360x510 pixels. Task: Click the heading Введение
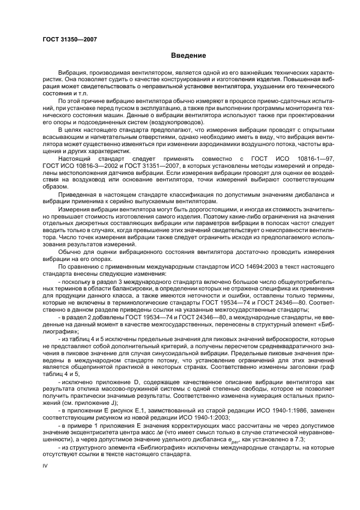pos(188,55)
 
